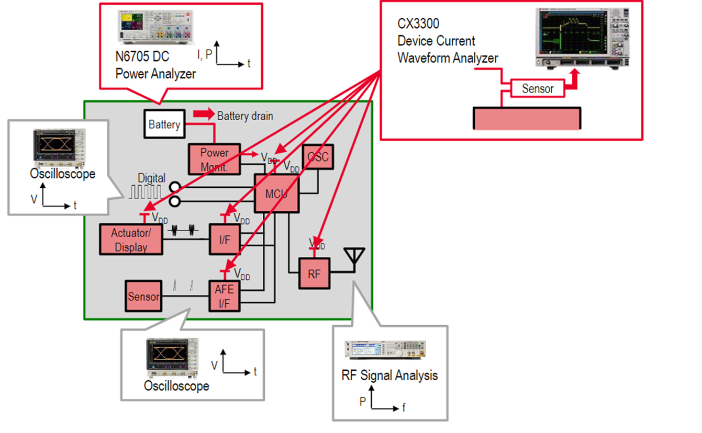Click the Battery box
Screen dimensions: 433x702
[x=164, y=124]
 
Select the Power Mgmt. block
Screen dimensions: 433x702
[x=215, y=159]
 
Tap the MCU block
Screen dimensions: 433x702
[x=276, y=194]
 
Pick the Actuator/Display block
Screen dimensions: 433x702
[x=131, y=240]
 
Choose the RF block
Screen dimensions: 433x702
[x=314, y=273]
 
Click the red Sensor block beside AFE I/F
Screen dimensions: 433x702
[x=143, y=297]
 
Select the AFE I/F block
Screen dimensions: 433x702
[x=224, y=297]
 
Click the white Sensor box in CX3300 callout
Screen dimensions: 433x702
[x=538, y=88]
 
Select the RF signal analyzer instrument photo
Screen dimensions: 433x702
[x=385, y=350]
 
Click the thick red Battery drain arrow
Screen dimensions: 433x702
[x=204, y=115]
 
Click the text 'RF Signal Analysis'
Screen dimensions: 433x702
[x=389, y=375]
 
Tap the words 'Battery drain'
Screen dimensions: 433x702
[x=245, y=116]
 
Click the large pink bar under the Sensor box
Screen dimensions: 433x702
[x=527, y=119]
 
